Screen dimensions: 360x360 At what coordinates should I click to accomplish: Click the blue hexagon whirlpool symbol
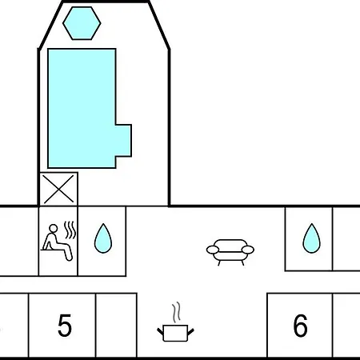click(x=82, y=23)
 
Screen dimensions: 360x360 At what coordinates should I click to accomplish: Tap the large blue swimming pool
click(x=82, y=108)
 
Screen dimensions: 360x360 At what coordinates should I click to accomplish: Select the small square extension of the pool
click(x=123, y=141)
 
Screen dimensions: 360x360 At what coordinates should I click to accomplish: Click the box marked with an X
click(x=58, y=189)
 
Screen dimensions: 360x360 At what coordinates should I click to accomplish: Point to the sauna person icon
click(x=57, y=242)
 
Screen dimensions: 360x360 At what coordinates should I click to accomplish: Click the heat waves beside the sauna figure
click(x=70, y=230)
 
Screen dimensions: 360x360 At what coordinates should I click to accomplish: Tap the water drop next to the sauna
click(x=103, y=238)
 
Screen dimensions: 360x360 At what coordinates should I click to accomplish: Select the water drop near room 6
click(x=311, y=238)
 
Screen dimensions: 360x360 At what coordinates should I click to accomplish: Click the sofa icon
click(x=230, y=252)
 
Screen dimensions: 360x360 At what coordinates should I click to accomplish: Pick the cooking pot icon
click(x=175, y=333)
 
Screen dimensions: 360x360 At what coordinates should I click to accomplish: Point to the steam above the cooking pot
click(x=176, y=312)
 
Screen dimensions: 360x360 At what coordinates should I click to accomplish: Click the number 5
click(x=65, y=325)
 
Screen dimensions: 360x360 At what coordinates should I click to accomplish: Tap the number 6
click(x=301, y=325)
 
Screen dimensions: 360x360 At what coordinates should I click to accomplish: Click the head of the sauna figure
click(x=54, y=229)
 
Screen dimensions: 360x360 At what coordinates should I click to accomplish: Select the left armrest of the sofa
click(x=213, y=250)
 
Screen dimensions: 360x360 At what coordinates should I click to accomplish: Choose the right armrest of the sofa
click(x=248, y=250)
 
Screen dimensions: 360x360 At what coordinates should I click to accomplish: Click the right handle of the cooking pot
click(x=190, y=332)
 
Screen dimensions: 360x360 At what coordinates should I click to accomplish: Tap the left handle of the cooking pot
click(x=160, y=332)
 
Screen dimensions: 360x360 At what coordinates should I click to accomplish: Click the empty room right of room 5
click(x=116, y=325)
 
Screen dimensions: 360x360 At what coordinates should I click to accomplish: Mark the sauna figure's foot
click(x=69, y=258)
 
